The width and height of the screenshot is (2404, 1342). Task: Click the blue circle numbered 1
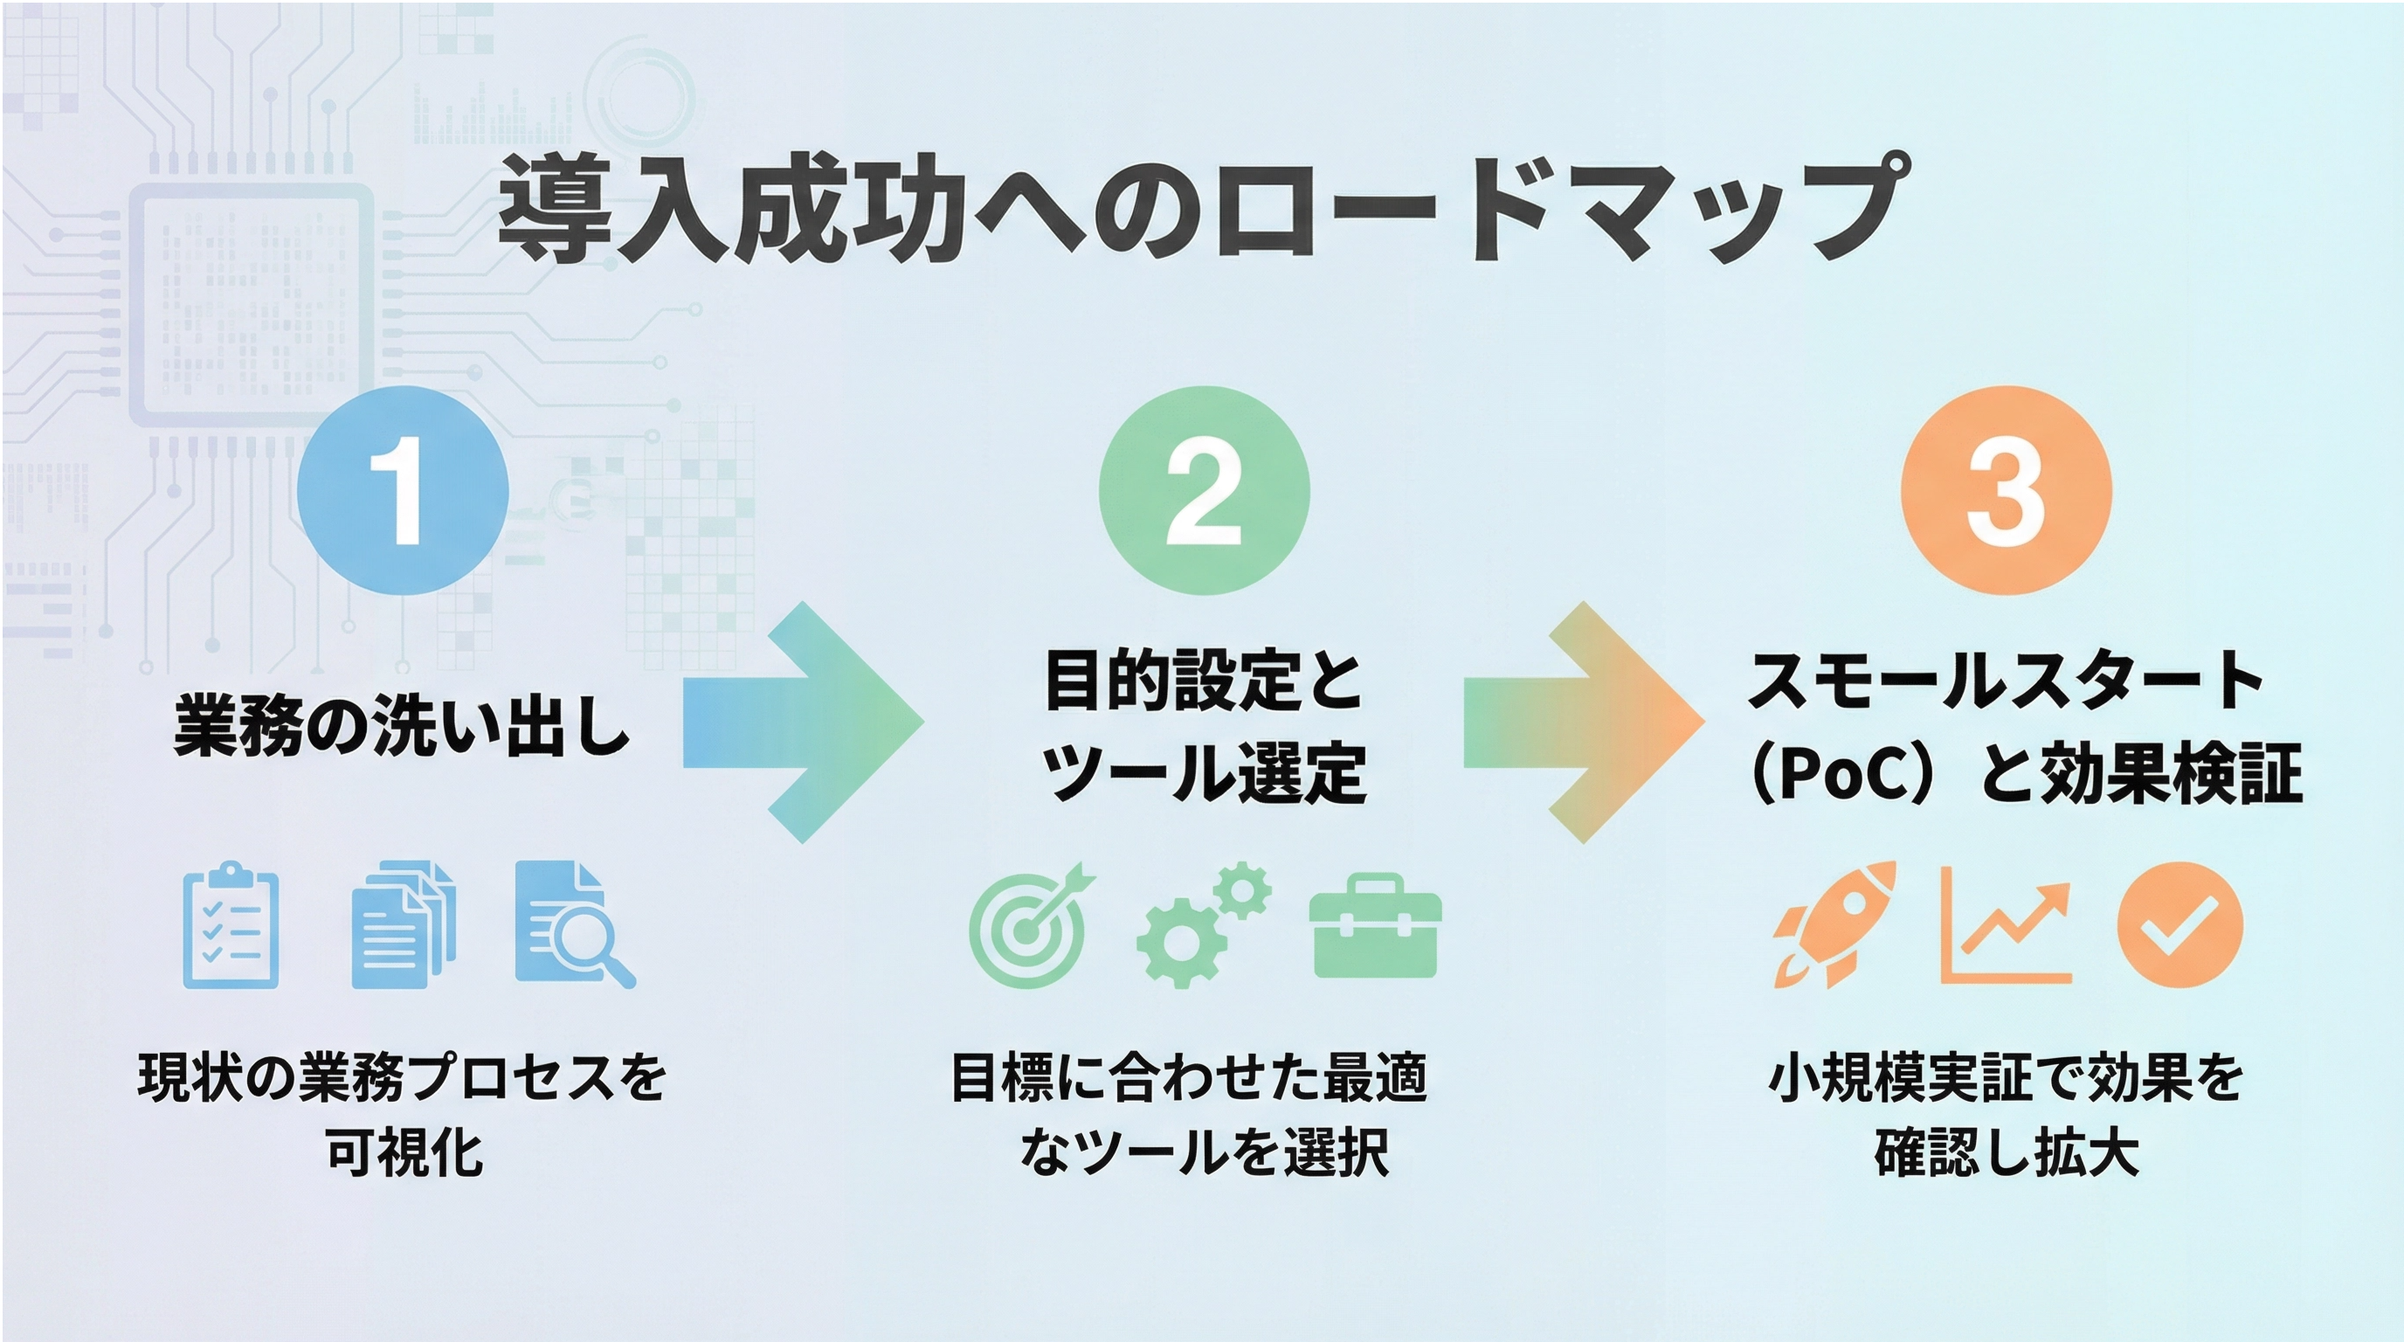pyautogui.click(x=404, y=491)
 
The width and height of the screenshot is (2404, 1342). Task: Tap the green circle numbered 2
pyautogui.click(x=1204, y=491)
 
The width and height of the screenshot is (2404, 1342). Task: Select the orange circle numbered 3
pyautogui.click(x=2007, y=491)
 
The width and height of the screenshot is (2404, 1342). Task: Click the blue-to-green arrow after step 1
pyautogui.click(x=803, y=723)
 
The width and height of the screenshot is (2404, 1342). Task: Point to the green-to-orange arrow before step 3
pyautogui.click(x=1584, y=723)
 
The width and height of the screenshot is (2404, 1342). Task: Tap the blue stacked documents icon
pyautogui.click(x=402, y=926)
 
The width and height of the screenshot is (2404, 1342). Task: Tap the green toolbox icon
pyautogui.click(x=1376, y=928)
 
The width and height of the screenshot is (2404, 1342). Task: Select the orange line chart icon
pyautogui.click(x=2006, y=926)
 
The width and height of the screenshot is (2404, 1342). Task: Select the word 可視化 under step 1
pyautogui.click(x=404, y=1153)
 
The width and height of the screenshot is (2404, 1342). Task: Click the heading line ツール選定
pyautogui.click(x=1204, y=775)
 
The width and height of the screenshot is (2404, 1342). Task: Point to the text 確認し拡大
pyautogui.click(x=2007, y=1153)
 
